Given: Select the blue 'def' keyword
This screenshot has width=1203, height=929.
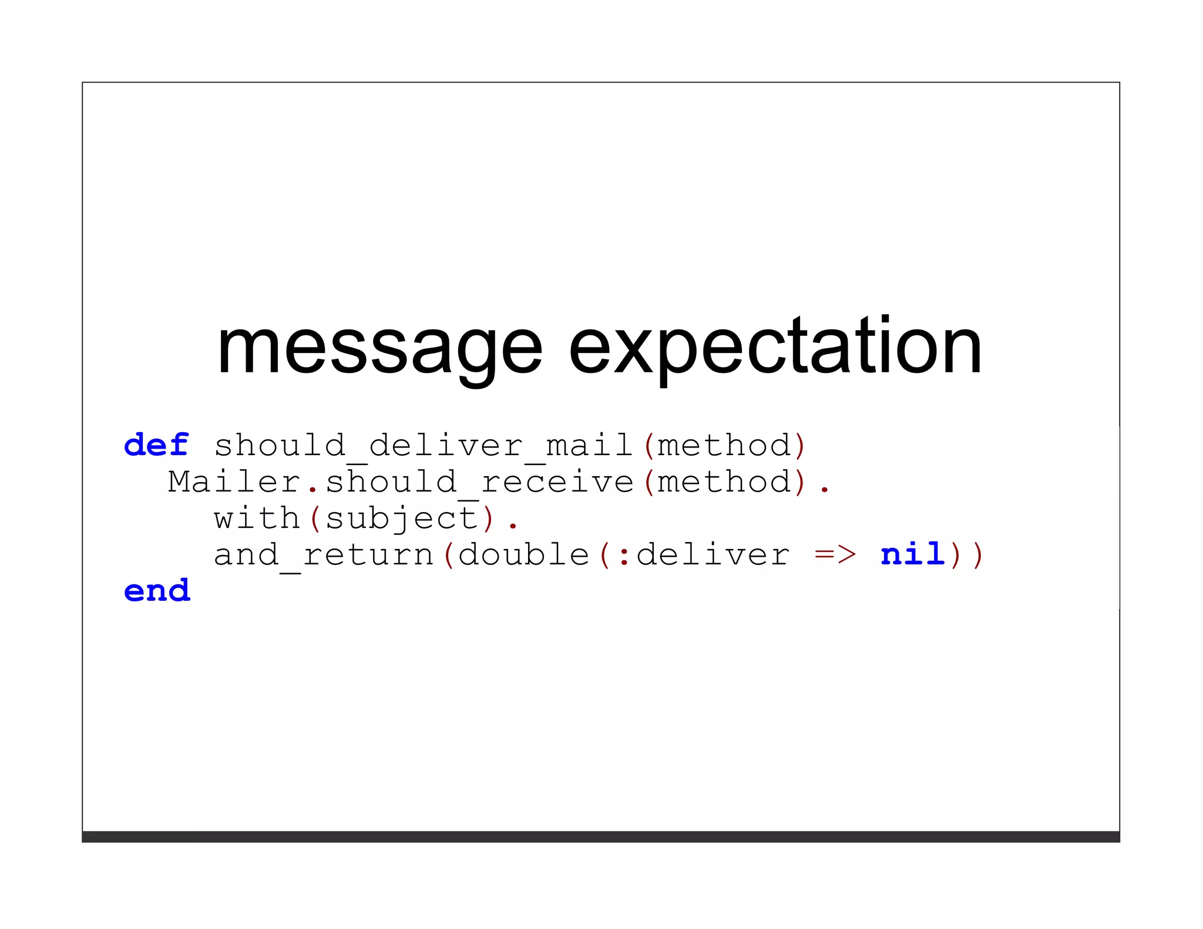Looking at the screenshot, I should [x=156, y=445].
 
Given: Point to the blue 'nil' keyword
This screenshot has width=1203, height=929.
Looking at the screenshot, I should [x=912, y=554].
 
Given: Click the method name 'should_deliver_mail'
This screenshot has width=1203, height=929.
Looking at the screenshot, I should [x=423, y=446].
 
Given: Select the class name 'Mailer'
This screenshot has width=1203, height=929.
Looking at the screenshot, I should [x=234, y=482].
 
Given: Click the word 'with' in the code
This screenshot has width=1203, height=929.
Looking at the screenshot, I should [x=257, y=519].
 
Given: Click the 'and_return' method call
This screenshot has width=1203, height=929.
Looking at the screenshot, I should [x=323, y=555].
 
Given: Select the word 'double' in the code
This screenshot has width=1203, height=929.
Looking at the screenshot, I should [x=523, y=555].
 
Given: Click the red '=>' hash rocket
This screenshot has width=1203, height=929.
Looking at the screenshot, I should [x=835, y=555].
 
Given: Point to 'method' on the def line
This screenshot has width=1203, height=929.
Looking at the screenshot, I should [x=724, y=446].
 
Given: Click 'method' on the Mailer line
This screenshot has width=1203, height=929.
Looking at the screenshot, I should [x=724, y=482].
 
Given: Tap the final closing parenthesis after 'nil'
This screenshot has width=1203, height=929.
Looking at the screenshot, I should [x=977, y=555].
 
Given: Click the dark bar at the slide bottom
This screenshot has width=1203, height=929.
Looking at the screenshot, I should [x=600, y=836].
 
